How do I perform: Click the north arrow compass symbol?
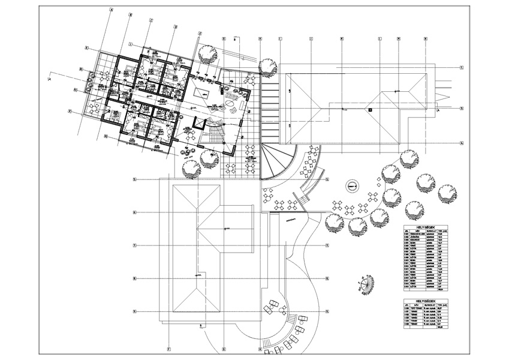pyautogui.click(x=365, y=281)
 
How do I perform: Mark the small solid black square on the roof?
pyautogui.click(x=371, y=109)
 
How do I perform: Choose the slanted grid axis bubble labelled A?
pyautogui.click(x=111, y=11)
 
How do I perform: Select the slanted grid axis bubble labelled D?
pyautogui.click(x=176, y=26)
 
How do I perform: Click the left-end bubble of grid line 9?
pyautogui.click(x=135, y=311)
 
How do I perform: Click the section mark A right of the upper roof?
pyautogui.click(x=439, y=111)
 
